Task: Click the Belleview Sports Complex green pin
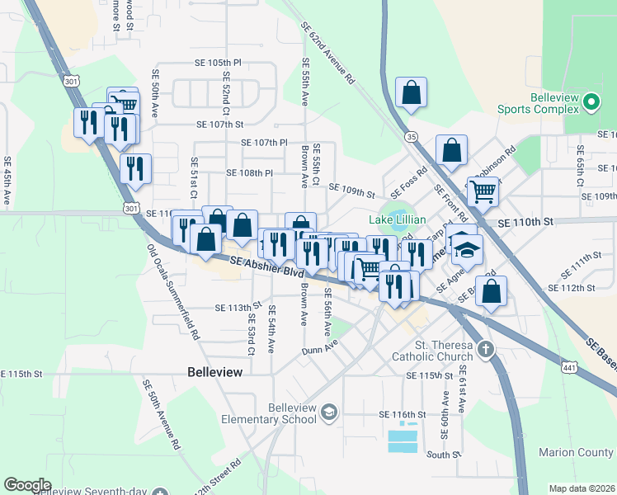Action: click(x=591, y=102)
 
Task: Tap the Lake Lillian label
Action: click(x=397, y=219)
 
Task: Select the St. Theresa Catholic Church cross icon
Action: click(x=486, y=349)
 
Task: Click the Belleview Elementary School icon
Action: click(x=328, y=412)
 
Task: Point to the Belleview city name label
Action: click(x=215, y=372)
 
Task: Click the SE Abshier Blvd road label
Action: click(x=267, y=266)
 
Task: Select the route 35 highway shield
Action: click(x=411, y=136)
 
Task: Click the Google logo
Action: click(x=27, y=484)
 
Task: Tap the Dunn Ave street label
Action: click(x=319, y=350)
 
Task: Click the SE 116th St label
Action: click(x=402, y=413)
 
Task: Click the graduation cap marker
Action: click(x=467, y=248)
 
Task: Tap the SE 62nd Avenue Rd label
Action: click(x=327, y=57)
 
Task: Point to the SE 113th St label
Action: click(x=238, y=308)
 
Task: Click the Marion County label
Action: click(x=575, y=452)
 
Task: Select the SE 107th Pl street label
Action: click(x=264, y=143)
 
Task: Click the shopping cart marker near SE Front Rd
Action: click(x=483, y=192)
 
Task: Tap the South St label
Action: click(x=444, y=455)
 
